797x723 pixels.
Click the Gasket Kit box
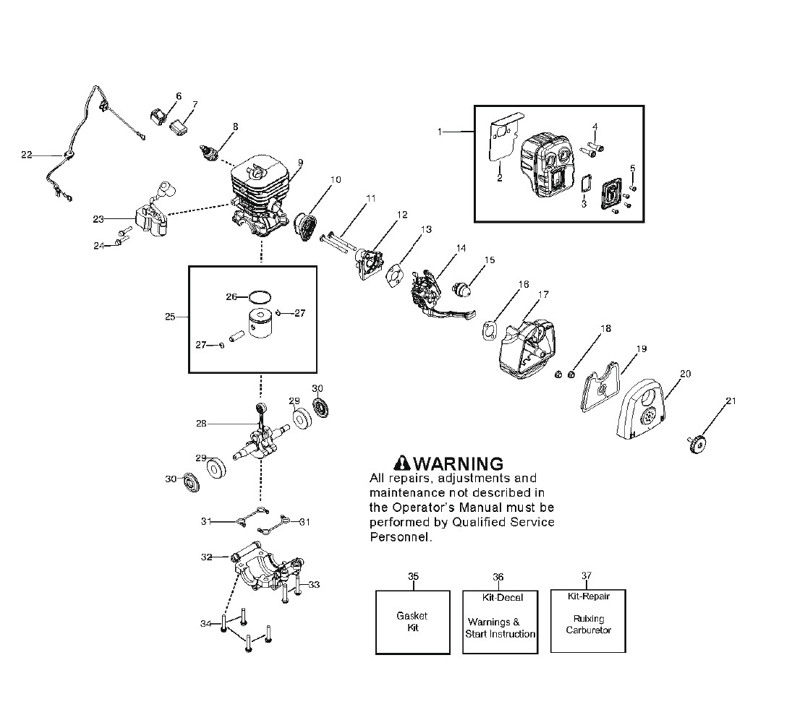pyautogui.click(x=412, y=622)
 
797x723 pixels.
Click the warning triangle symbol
pyautogui.click(x=401, y=463)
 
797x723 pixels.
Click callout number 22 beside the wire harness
pyautogui.click(x=27, y=155)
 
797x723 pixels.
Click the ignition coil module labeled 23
pyautogui.click(x=150, y=215)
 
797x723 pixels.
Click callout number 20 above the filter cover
pyautogui.click(x=685, y=374)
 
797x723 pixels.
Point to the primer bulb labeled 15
pyautogui.click(x=462, y=283)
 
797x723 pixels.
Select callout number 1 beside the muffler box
pyautogui.click(x=439, y=132)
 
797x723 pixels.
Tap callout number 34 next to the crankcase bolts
pyautogui.click(x=205, y=623)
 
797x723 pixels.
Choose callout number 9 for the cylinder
pyautogui.click(x=299, y=163)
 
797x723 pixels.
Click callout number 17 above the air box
pyautogui.click(x=543, y=295)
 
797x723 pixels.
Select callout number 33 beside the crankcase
pyautogui.click(x=314, y=585)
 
